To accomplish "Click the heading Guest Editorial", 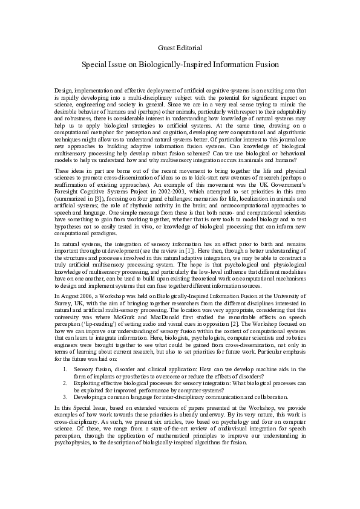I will pyautogui.click(x=180, y=47).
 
